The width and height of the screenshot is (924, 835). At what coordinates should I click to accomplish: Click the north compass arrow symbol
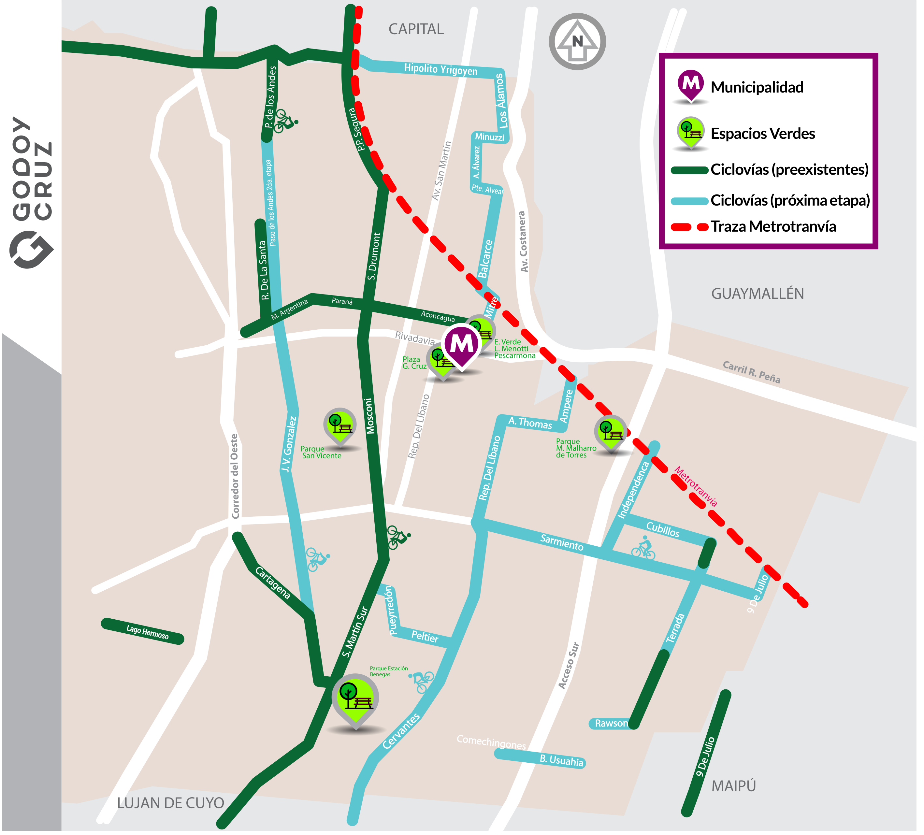pos(577,42)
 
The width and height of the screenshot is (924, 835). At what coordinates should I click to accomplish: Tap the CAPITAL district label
pos(416,29)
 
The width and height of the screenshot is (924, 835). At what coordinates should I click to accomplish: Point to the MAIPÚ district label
pos(733,785)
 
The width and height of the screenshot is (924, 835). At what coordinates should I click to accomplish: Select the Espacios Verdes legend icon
pos(690,132)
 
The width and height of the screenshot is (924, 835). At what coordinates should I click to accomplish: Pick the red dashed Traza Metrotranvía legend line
pos(689,227)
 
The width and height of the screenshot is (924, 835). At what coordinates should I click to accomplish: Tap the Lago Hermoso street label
pos(147,632)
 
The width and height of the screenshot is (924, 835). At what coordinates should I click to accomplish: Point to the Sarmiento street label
pos(561,542)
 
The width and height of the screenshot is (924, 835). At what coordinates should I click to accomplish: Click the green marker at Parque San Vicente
pos(339,425)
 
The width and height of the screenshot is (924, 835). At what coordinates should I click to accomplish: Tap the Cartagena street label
pos(273,583)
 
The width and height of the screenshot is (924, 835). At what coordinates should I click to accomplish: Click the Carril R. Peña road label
pos(751,372)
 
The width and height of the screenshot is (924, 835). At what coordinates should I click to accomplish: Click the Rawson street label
pos(611,724)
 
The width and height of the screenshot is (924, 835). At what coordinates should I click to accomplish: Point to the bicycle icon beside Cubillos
pos(643,547)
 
